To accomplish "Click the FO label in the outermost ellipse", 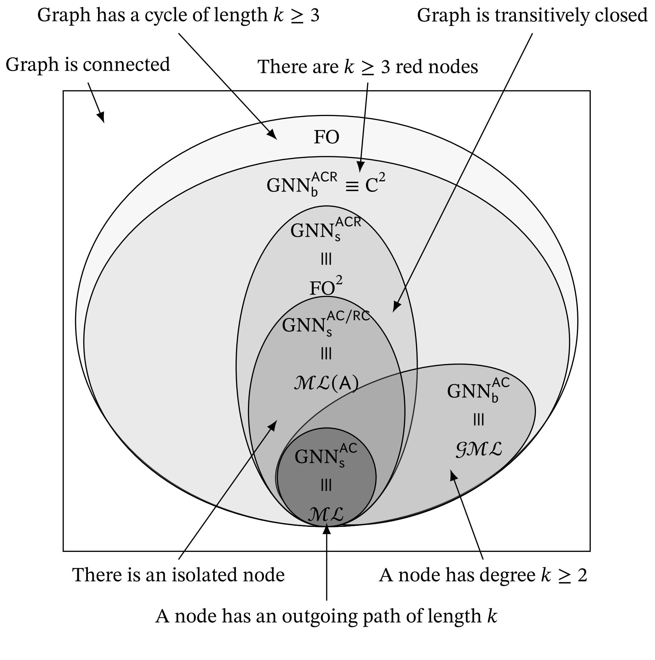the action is point(326,137).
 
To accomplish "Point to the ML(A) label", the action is point(326,383).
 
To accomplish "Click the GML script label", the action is point(479,449).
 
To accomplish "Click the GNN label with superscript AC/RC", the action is point(326,322).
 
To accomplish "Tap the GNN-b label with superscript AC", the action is point(478,390).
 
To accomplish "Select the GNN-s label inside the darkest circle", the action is point(326,455).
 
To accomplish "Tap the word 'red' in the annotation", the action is point(407,67).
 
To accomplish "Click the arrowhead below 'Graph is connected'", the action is point(101,117).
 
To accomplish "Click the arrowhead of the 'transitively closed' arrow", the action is point(396,307).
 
